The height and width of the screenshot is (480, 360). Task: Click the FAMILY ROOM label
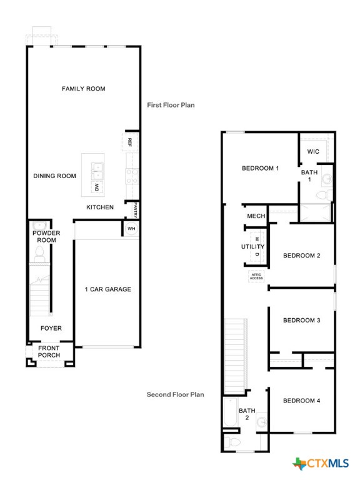(x=83, y=89)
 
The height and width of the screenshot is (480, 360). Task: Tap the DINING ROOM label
(x=54, y=176)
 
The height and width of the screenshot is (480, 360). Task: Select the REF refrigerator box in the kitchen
(x=130, y=142)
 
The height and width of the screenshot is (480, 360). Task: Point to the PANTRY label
(x=134, y=209)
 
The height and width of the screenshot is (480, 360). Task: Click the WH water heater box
(x=131, y=229)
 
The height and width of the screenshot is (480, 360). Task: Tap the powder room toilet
(x=39, y=252)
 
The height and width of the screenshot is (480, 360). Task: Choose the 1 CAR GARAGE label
(x=107, y=289)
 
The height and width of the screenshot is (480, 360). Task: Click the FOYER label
(x=51, y=328)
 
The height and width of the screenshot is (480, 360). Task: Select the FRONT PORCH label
(x=49, y=352)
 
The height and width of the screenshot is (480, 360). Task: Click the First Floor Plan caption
(x=171, y=105)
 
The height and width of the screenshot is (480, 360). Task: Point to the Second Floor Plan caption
(x=175, y=394)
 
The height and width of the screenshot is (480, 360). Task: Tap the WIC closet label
(x=313, y=152)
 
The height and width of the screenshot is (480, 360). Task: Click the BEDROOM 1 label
(x=260, y=168)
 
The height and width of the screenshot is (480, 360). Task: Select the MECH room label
(x=256, y=216)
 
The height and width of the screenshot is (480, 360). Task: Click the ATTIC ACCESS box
(x=256, y=276)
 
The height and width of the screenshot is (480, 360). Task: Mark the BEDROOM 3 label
(x=301, y=321)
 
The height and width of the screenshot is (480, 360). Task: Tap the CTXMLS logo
(x=321, y=463)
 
